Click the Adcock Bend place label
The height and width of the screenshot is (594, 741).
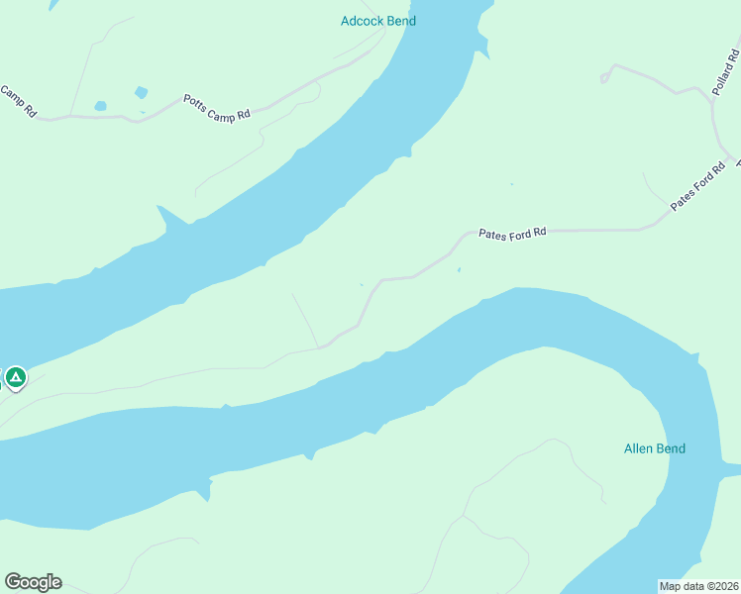(377, 20)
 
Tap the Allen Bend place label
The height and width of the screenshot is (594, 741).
(655, 448)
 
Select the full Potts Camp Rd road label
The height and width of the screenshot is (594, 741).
(217, 108)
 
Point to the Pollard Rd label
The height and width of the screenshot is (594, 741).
(725, 68)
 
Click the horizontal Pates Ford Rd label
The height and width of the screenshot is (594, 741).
(512, 234)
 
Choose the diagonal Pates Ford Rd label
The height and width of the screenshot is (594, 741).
(692, 186)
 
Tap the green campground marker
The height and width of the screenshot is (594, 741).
(16, 377)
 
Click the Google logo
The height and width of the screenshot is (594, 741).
(33, 582)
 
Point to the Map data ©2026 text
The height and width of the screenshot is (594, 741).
(698, 586)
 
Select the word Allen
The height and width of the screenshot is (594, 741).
(639, 448)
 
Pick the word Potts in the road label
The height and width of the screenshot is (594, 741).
(195, 102)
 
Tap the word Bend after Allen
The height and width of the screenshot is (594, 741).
(672, 448)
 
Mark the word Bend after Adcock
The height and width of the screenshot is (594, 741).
(400, 20)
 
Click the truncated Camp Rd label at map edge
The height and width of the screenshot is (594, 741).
(18, 102)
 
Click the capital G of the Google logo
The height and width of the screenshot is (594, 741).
(12, 581)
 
